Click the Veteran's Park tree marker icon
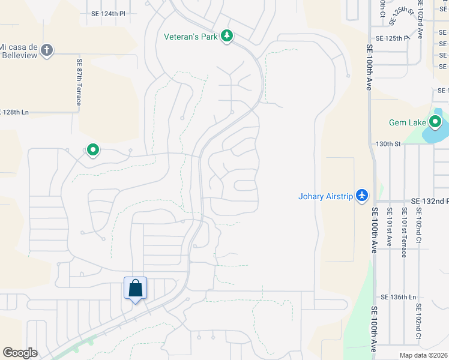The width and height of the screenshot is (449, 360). point(226,37)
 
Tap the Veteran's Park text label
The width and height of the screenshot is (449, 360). point(191,37)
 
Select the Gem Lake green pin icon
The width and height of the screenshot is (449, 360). point(435,122)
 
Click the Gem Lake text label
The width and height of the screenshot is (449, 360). point(407,122)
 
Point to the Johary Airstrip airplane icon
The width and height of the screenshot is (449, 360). point(361,196)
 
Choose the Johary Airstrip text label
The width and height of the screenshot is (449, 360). point(325,196)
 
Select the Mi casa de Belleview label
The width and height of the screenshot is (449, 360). point(19,51)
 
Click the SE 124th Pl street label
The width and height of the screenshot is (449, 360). point(109,13)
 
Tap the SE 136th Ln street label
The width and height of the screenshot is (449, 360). point(398,297)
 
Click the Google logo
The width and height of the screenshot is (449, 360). point(20,353)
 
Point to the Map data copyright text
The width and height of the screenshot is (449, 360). point(424,355)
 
